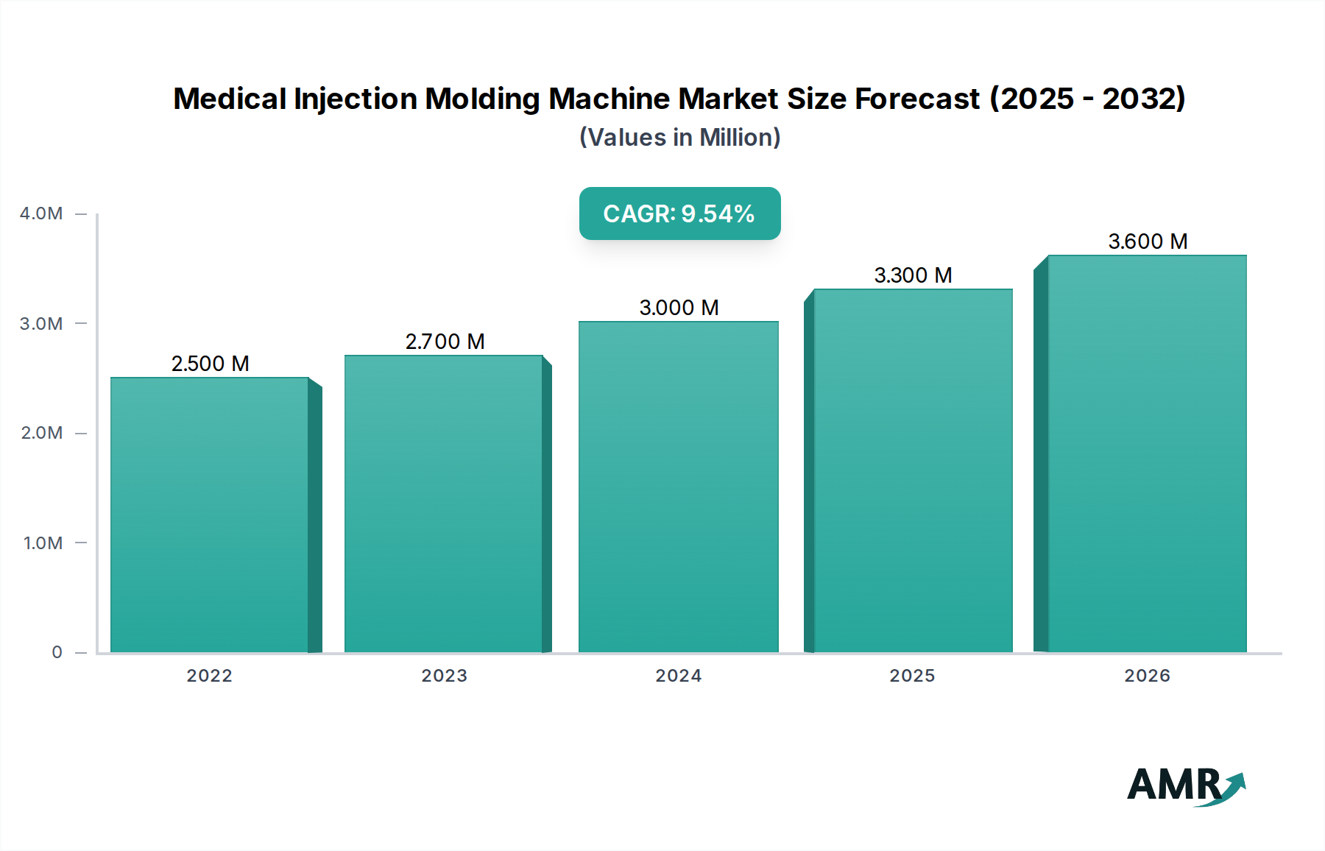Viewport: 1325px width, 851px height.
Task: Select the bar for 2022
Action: click(x=210, y=515)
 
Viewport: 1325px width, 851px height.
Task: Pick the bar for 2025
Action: click(x=913, y=471)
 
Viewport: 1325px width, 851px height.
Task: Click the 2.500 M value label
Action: click(x=211, y=364)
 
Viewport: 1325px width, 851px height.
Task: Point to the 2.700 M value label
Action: click(x=445, y=342)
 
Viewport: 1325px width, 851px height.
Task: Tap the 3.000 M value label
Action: click(x=679, y=308)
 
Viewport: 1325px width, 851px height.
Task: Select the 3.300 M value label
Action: click(x=913, y=275)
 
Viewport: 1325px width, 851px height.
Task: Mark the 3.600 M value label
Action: click(x=1148, y=241)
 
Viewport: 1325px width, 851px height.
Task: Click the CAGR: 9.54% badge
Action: click(x=679, y=213)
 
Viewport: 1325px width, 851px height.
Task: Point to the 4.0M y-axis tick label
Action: click(x=41, y=214)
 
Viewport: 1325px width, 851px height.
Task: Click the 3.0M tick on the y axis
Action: click(x=41, y=324)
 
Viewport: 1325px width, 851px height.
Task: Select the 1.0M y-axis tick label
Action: click(x=43, y=543)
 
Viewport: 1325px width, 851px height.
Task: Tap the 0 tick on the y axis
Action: click(x=57, y=652)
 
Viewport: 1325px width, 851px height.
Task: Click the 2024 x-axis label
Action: click(x=678, y=676)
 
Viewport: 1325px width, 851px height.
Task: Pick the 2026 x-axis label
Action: click(x=1147, y=676)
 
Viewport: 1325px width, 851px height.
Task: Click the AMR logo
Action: click(x=1185, y=785)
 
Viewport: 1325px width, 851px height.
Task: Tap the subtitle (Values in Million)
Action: click(x=679, y=138)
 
